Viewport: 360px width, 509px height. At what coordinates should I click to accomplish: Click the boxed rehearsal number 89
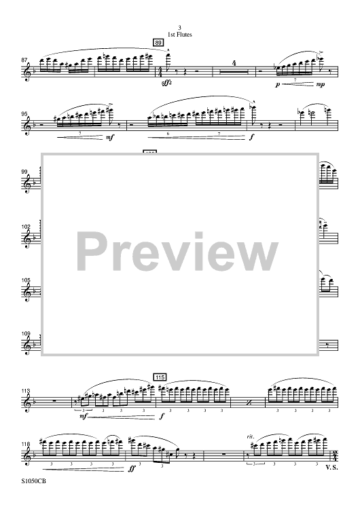(158, 43)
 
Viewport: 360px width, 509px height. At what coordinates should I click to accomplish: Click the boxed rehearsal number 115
(160, 377)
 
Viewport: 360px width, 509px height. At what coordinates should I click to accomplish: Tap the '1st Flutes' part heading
(180, 35)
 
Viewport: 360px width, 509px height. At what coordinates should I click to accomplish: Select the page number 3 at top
(180, 29)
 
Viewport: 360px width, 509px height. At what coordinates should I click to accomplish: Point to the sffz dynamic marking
(167, 83)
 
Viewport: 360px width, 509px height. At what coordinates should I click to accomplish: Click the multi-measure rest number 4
(234, 63)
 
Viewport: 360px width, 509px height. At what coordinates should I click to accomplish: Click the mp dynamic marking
(321, 84)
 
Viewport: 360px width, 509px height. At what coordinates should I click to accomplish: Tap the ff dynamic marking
(131, 469)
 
